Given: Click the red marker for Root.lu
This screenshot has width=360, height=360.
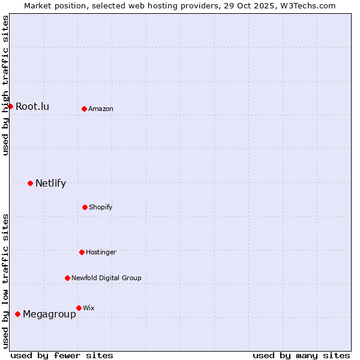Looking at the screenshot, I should click(x=10, y=106).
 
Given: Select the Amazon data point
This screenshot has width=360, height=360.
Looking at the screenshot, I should click(x=84, y=109).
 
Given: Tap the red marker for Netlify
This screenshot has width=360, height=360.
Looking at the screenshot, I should click(x=30, y=183).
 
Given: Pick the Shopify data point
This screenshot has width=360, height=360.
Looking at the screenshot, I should click(x=85, y=207).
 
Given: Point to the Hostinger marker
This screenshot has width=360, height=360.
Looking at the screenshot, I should click(x=82, y=252).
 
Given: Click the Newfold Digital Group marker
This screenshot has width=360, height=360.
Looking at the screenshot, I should click(x=67, y=278).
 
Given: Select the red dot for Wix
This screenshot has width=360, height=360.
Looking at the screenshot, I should click(x=79, y=308).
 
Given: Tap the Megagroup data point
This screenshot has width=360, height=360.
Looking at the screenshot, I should click(x=17, y=314).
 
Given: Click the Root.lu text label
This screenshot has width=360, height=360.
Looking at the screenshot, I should click(x=32, y=107).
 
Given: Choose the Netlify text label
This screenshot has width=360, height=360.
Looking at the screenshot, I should click(x=50, y=184).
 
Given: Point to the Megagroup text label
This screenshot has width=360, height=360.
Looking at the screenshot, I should click(x=49, y=314).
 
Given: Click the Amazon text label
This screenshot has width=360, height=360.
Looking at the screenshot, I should click(x=101, y=109).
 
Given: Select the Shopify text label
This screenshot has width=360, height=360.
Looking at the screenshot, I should click(x=101, y=208).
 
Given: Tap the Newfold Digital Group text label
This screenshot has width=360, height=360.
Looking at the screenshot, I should click(x=106, y=278).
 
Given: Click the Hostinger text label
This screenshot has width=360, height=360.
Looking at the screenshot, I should click(x=101, y=253).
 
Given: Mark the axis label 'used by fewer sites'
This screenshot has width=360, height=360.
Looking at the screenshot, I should click(x=62, y=355).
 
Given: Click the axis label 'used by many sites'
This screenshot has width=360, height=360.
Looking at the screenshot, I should click(x=301, y=355).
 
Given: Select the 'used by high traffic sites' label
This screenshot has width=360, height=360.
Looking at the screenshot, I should click(x=5, y=85).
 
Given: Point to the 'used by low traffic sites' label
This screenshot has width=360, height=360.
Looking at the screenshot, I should click(x=5, y=281).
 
